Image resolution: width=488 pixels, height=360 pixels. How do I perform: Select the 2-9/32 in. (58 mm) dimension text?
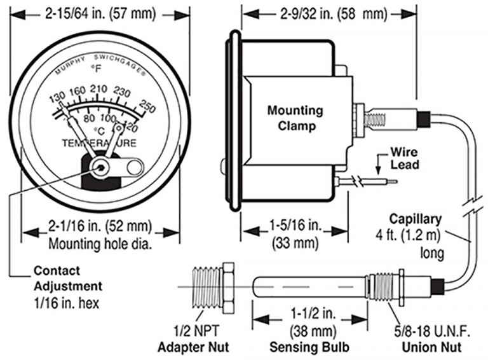334,13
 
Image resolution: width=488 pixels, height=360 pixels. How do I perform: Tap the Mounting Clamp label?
294,118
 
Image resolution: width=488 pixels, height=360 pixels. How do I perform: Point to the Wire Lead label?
404,158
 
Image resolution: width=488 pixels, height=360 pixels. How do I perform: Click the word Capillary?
416,219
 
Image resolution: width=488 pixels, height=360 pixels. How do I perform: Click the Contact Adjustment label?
67,277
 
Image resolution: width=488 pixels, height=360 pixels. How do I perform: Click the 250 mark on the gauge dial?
148,106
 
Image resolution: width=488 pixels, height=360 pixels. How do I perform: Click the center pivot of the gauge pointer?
100,167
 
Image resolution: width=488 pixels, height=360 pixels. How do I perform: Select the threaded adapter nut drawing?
210,287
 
